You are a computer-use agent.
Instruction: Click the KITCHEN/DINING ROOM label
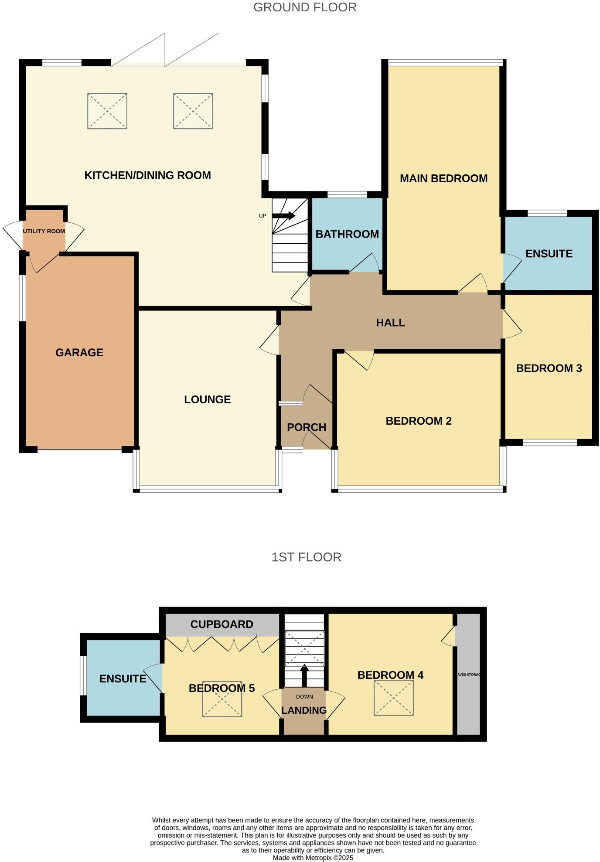tap(147, 175)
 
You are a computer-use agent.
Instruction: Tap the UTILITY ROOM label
tap(44, 231)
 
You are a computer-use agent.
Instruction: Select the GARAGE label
tap(79, 352)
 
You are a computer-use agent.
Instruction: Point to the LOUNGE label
tap(207, 399)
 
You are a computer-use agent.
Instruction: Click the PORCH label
tap(306, 427)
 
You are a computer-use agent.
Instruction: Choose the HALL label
tap(390, 323)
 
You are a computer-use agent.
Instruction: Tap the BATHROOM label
tap(347, 234)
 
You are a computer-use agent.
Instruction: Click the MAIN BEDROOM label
tap(443, 178)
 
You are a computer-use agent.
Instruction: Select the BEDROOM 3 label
tap(549, 368)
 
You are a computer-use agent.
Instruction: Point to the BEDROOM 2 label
tap(418, 421)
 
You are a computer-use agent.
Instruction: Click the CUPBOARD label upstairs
tap(222, 624)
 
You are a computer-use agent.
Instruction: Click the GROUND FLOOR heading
tap(305, 7)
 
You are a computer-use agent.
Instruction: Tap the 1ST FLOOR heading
tap(306, 557)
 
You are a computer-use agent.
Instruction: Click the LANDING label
tap(303, 710)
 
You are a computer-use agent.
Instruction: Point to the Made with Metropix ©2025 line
tap(313, 858)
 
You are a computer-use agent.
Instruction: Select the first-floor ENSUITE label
tap(123, 678)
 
